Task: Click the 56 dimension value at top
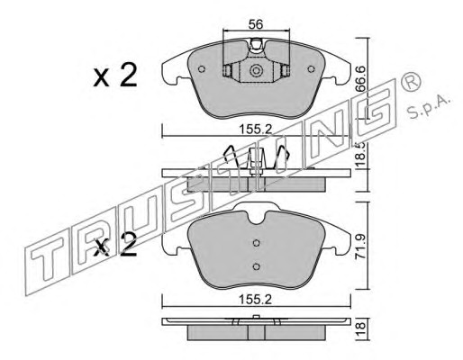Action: [x=256, y=24]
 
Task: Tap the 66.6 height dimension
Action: [x=360, y=78]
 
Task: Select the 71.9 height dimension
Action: [x=361, y=247]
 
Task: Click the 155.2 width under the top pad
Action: [x=256, y=130]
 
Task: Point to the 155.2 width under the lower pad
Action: [x=256, y=300]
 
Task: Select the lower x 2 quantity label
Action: [x=115, y=245]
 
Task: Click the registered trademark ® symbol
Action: [x=411, y=81]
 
